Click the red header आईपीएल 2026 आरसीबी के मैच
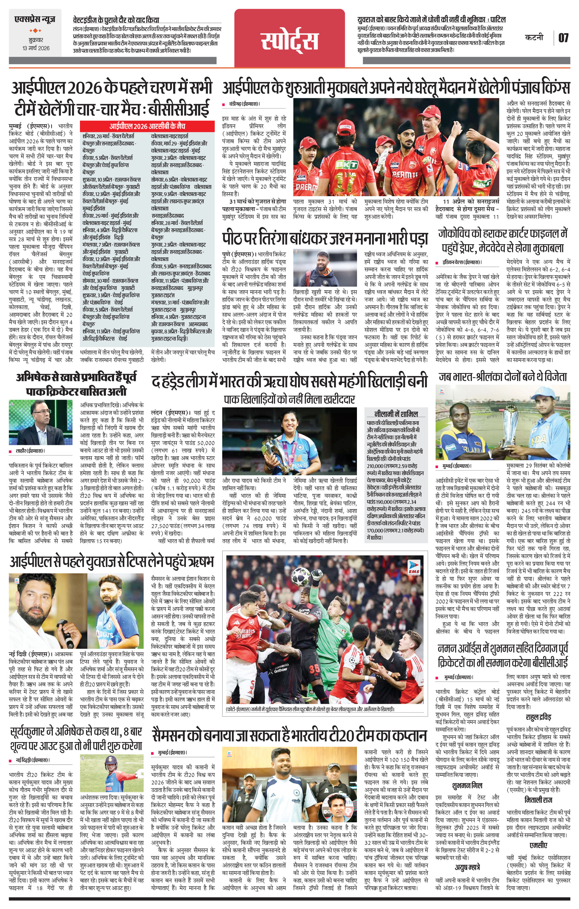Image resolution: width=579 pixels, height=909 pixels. point(147,126)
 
